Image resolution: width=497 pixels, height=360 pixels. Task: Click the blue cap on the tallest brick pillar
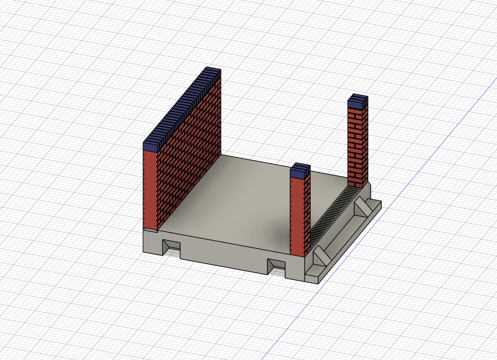(x=358, y=101)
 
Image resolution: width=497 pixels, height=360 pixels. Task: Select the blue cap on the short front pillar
(x=300, y=170)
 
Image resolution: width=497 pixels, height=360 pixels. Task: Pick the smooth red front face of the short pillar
(x=297, y=216)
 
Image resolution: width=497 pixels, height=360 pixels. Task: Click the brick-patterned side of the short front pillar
(x=307, y=211)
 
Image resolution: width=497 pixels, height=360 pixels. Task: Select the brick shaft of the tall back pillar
(x=358, y=144)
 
